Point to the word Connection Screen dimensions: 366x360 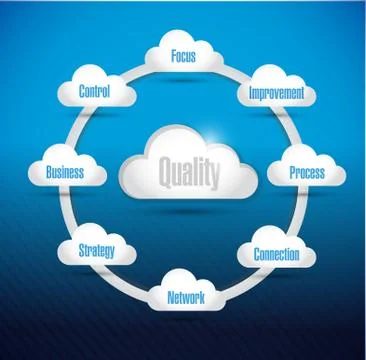click(x=275, y=254)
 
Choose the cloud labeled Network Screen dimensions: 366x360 click(x=185, y=296)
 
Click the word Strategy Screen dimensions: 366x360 click(x=98, y=249)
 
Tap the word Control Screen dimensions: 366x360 click(x=96, y=92)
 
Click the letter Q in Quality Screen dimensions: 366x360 click(x=165, y=175)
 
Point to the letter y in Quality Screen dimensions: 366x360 click(x=213, y=177)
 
